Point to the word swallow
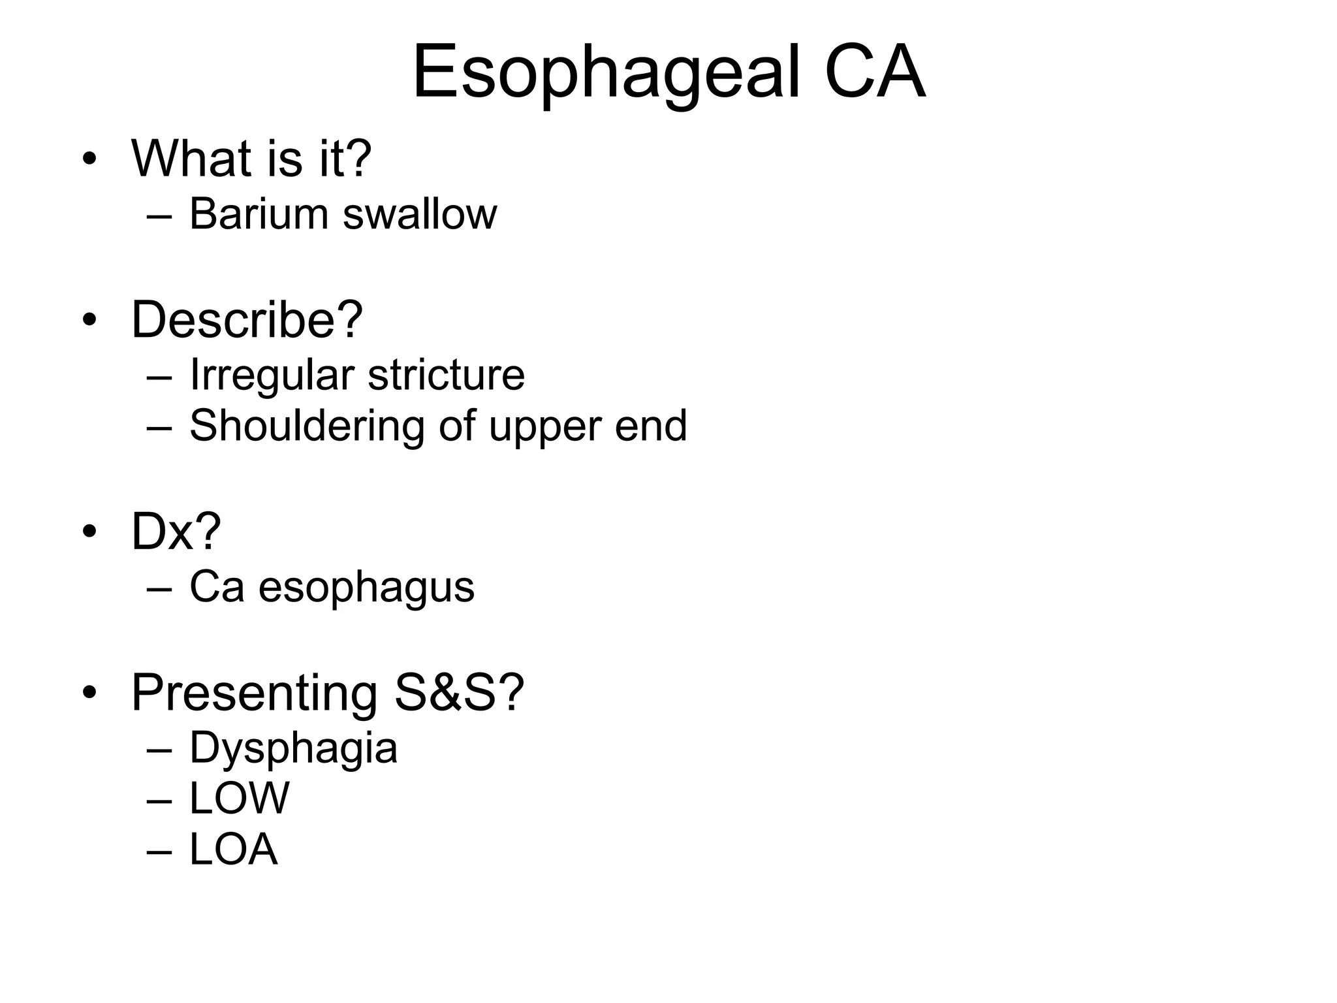click(x=420, y=214)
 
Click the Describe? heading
click(x=247, y=319)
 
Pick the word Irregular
click(x=272, y=375)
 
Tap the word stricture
click(x=447, y=375)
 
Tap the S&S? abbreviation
click(x=459, y=692)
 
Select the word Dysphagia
click(x=293, y=749)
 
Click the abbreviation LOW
click(x=239, y=798)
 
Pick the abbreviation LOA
click(x=234, y=850)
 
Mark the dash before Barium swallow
click(x=160, y=215)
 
